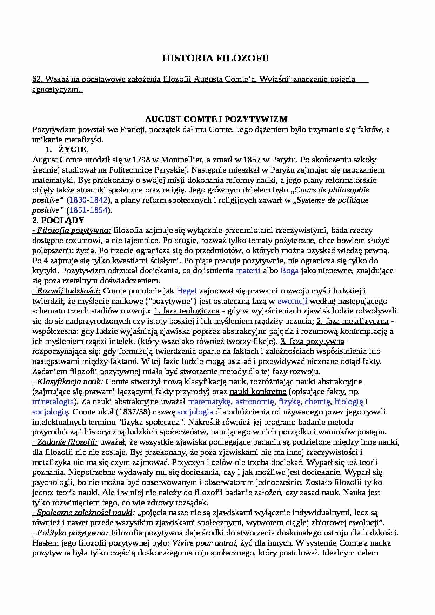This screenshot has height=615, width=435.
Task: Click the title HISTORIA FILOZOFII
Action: pyautogui.click(x=216, y=58)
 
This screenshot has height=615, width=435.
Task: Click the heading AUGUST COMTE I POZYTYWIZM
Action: pyautogui.click(x=216, y=119)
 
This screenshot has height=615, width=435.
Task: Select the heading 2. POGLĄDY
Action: pyautogui.click(x=58, y=220)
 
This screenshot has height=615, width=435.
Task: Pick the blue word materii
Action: pyautogui.click(x=248, y=271)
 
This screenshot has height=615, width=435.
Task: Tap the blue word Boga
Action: pyautogui.click(x=289, y=271)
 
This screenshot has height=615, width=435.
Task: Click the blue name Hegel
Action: pyautogui.click(x=187, y=291)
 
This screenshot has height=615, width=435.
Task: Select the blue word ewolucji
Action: pyautogui.click(x=292, y=301)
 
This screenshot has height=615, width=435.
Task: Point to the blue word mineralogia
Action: pyautogui.click(x=53, y=401)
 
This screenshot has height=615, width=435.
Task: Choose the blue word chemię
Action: pyautogui.click(x=317, y=401)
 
